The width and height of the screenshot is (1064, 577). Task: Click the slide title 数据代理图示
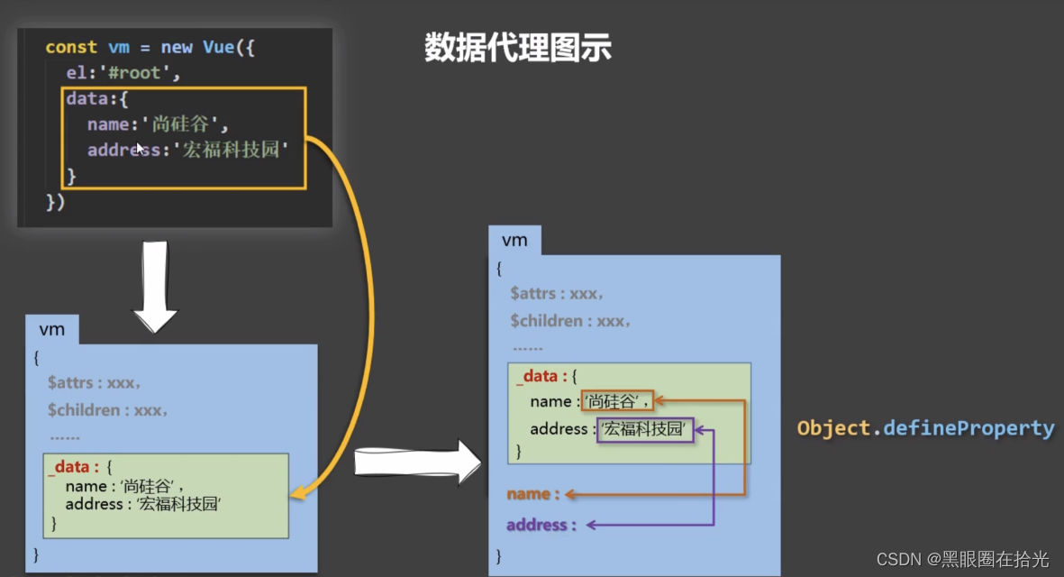517,48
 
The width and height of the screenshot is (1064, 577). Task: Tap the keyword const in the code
71,47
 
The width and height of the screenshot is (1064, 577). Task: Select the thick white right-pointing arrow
419,462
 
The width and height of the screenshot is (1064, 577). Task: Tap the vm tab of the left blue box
52,330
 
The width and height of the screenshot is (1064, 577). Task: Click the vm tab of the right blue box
514,241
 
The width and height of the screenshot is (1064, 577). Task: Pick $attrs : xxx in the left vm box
94,383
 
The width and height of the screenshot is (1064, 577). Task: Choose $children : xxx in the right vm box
569,321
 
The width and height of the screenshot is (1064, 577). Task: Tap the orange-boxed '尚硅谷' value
616,402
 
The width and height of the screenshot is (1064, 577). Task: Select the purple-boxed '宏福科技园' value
645,430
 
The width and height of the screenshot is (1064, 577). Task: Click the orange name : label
532,494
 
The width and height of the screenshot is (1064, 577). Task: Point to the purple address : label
541,525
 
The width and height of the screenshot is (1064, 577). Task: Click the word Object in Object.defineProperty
832,428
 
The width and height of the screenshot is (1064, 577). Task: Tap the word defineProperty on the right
969,428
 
